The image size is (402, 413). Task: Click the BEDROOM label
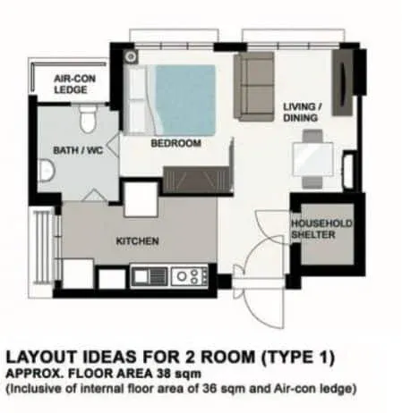175,143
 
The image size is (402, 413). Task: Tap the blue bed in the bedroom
184,98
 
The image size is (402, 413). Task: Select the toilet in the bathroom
87,119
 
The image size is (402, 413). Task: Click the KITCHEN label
137,241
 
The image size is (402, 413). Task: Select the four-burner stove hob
189,276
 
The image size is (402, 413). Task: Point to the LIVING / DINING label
301,110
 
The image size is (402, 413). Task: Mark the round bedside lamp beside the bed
132,56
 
